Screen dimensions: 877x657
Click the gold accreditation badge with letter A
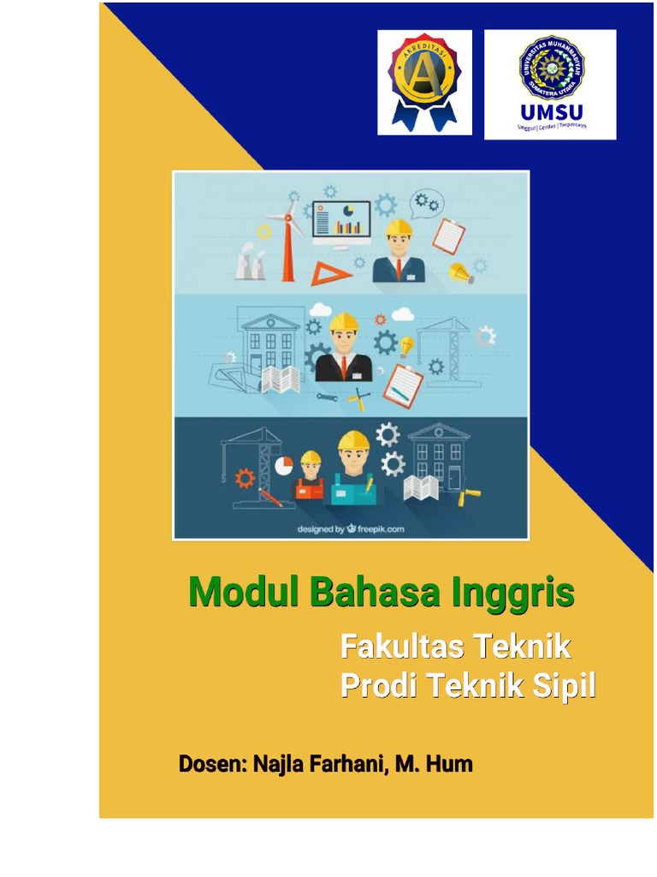[424, 82]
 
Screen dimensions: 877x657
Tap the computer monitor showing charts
[342, 218]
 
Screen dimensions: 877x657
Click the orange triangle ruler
[326, 273]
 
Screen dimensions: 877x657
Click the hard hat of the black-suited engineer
[343, 321]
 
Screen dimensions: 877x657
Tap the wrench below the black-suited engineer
[328, 397]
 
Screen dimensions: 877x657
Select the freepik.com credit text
[350, 528]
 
